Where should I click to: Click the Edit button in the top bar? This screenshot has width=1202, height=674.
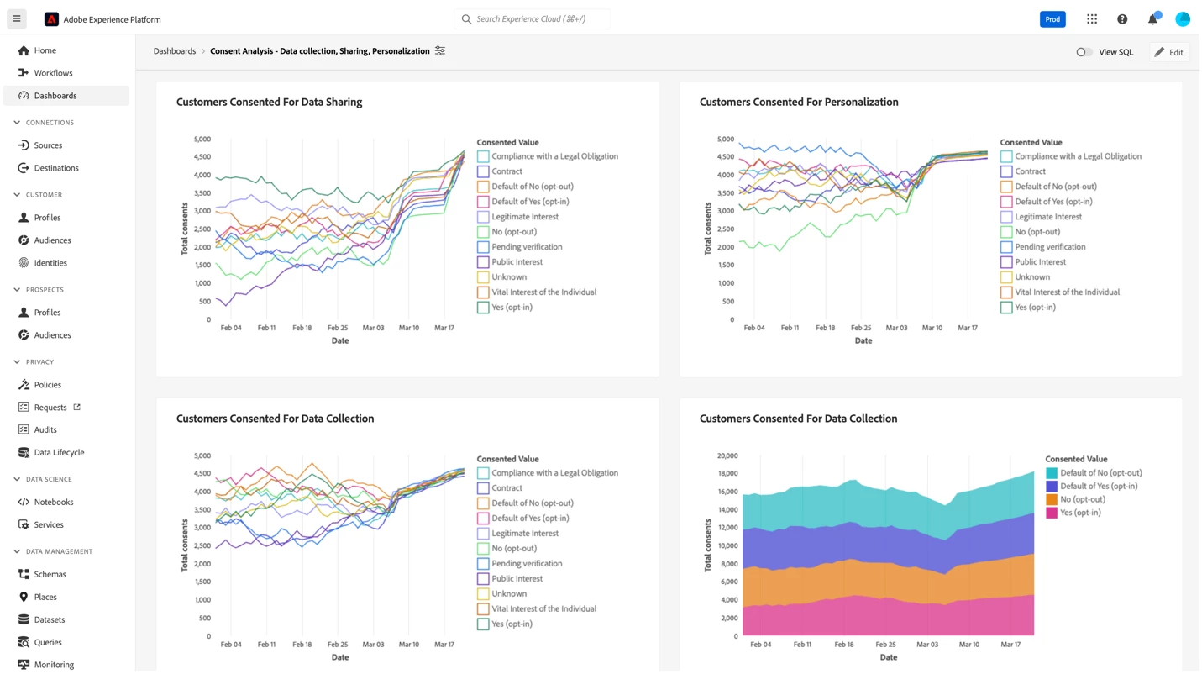point(1169,52)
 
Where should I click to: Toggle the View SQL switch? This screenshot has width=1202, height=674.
point(1084,52)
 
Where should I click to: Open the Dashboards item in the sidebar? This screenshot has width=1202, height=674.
point(55,96)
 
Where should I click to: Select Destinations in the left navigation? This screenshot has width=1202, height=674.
point(56,168)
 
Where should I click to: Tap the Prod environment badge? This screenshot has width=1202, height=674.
point(1052,19)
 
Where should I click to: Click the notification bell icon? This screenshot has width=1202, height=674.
point(1152,19)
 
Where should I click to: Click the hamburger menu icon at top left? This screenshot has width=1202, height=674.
point(16,18)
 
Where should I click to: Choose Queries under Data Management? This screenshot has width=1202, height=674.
point(48,642)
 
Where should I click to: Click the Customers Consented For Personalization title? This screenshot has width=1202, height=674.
point(799,102)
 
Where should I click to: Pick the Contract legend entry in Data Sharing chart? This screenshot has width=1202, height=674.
point(507,171)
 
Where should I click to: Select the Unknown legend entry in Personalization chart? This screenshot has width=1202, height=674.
point(1031,277)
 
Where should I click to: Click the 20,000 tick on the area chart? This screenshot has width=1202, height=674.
point(727,456)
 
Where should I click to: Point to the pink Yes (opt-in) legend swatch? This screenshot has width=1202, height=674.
point(1052,513)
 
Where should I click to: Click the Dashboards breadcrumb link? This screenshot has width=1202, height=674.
point(175,51)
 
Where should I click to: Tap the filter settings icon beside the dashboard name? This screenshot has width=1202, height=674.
point(440,51)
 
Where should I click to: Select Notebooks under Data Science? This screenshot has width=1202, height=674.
point(54,502)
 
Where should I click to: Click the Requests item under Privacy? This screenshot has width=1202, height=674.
point(50,408)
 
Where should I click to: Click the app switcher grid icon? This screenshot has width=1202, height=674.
point(1092,19)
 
